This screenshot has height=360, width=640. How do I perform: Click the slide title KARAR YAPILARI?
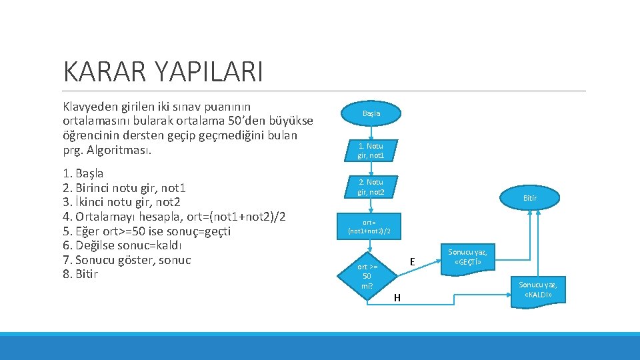(x=163, y=71)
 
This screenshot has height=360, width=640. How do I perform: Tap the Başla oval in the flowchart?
(x=371, y=113)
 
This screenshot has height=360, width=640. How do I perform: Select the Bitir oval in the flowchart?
(x=529, y=198)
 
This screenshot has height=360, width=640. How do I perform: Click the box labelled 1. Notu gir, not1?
(x=371, y=151)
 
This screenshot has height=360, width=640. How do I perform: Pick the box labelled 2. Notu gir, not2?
(x=371, y=187)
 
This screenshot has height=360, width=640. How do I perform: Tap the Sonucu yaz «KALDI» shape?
(x=538, y=289)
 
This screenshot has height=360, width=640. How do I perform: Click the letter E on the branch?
(x=413, y=262)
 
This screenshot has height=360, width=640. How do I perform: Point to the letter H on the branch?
(x=397, y=297)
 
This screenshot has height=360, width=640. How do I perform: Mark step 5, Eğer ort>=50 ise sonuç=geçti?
(x=146, y=231)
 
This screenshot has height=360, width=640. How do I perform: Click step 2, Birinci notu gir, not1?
(x=124, y=188)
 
